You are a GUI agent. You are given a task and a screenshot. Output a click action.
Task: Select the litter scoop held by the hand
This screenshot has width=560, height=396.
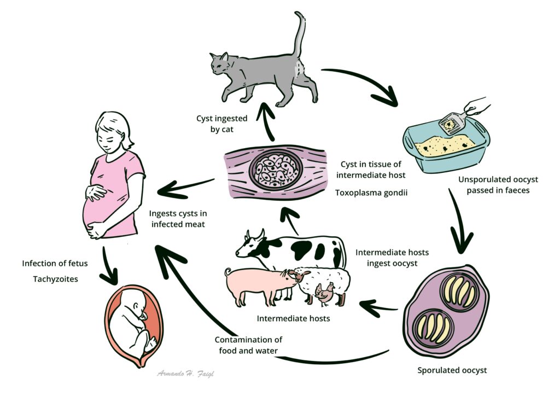(x=452, y=123)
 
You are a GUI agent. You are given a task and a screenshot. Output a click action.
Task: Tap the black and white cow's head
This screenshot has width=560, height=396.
(x=251, y=246)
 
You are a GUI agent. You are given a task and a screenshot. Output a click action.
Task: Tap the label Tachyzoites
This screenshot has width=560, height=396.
(x=55, y=279)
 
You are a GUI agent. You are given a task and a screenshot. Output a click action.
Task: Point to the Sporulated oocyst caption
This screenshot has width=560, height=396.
(x=452, y=370)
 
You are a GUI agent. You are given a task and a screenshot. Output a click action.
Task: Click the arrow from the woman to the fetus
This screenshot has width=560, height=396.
(x=109, y=265)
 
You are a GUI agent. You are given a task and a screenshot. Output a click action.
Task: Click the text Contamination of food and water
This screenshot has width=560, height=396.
(x=248, y=345)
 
